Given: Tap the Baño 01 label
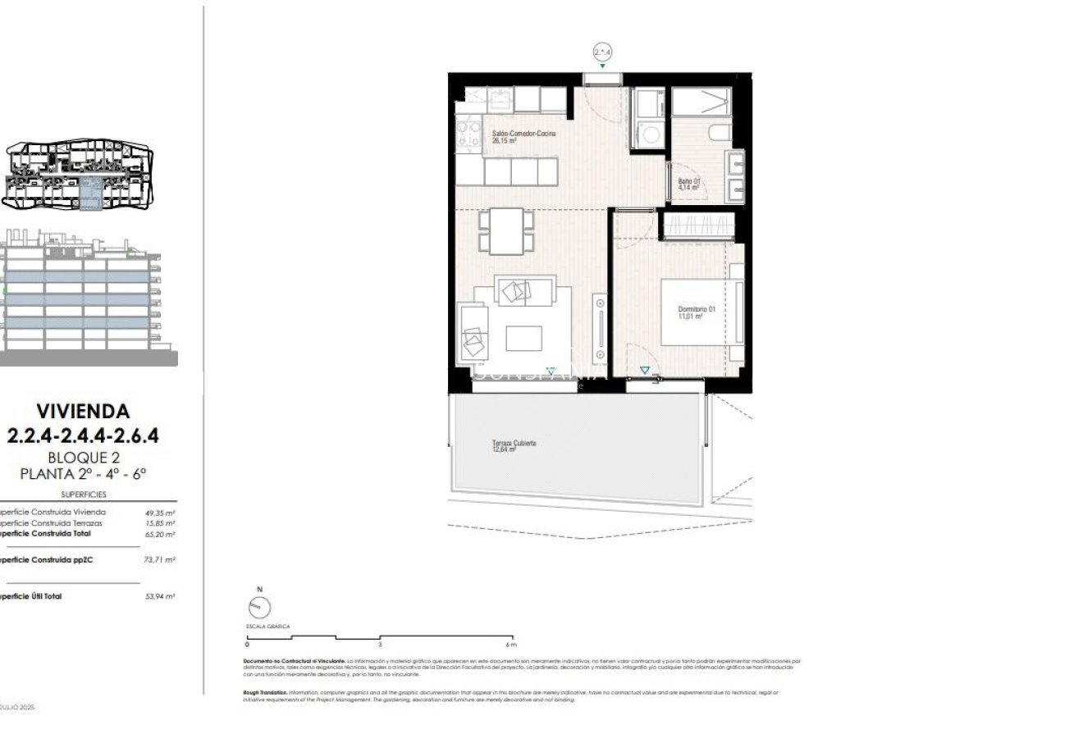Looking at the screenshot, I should point(688,184).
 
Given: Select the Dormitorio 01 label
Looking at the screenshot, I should point(697,312).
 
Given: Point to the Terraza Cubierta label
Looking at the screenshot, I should point(514,445).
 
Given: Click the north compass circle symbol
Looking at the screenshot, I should point(258,608).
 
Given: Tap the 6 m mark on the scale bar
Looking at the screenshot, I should point(512,645).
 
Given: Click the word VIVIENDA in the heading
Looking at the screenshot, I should point(83,410).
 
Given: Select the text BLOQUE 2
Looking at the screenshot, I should point(83,457).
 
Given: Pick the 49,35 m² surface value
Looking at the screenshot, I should point(159,512).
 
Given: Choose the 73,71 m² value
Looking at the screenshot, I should point(159,559).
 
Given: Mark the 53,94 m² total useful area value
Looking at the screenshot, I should point(159,596).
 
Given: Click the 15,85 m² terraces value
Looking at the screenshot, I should point(159,522).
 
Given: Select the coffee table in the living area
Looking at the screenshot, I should point(523,338).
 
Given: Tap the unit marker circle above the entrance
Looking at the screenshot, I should point(603,52).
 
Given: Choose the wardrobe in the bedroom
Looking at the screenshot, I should point(696,225).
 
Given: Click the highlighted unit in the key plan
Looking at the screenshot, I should point(96,193).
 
